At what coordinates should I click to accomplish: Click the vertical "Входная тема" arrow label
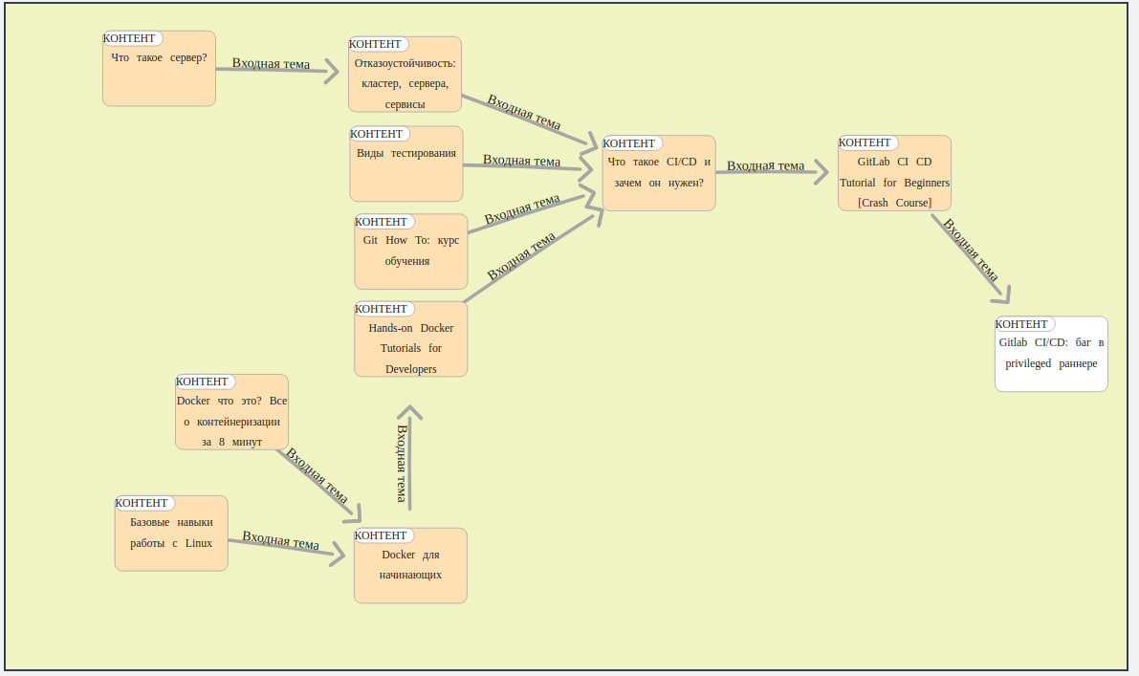coord(402,463)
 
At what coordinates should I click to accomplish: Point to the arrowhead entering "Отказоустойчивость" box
coord(332,71)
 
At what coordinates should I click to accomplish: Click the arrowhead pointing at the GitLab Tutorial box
coord(820,173)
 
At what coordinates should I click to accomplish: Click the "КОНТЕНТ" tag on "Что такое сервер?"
coord(132,38)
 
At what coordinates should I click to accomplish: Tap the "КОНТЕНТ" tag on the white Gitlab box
coord(1024,324)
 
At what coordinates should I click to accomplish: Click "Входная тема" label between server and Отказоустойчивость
coord(271,64)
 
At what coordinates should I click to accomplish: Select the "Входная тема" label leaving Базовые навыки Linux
coord(280,540)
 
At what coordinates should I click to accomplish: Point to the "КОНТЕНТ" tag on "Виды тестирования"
coord(379,134)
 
